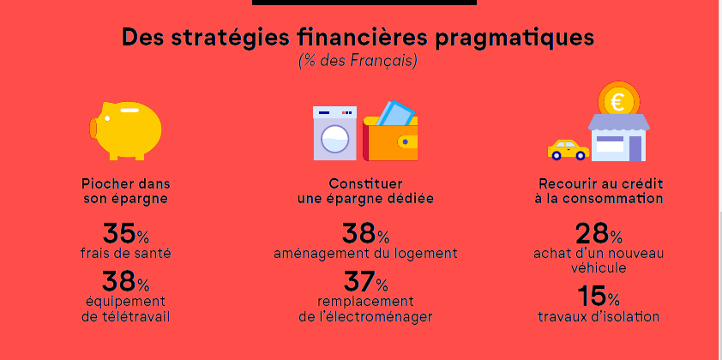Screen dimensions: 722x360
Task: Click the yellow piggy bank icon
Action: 125,131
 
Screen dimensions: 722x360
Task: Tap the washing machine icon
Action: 334,134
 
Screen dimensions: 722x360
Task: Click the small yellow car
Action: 569,150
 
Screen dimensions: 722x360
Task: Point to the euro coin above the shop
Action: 618,101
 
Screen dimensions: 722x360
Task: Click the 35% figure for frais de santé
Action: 125,233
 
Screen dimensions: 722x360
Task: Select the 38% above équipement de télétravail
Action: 125,282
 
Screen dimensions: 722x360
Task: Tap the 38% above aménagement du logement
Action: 365,233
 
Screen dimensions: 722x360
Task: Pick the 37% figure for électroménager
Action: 365,282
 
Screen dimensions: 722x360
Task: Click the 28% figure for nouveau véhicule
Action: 599,233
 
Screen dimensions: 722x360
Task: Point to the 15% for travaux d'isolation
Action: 599,296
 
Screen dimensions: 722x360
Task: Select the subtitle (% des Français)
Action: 358,61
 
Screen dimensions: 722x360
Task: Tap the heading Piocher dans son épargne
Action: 126,191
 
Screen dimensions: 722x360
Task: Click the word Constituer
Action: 365,183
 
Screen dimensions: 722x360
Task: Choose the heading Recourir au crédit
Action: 601,183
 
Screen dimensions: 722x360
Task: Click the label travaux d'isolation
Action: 599,317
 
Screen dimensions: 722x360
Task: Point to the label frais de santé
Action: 126,253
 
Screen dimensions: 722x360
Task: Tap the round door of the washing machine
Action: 334,139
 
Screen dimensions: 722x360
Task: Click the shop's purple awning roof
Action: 619,122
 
